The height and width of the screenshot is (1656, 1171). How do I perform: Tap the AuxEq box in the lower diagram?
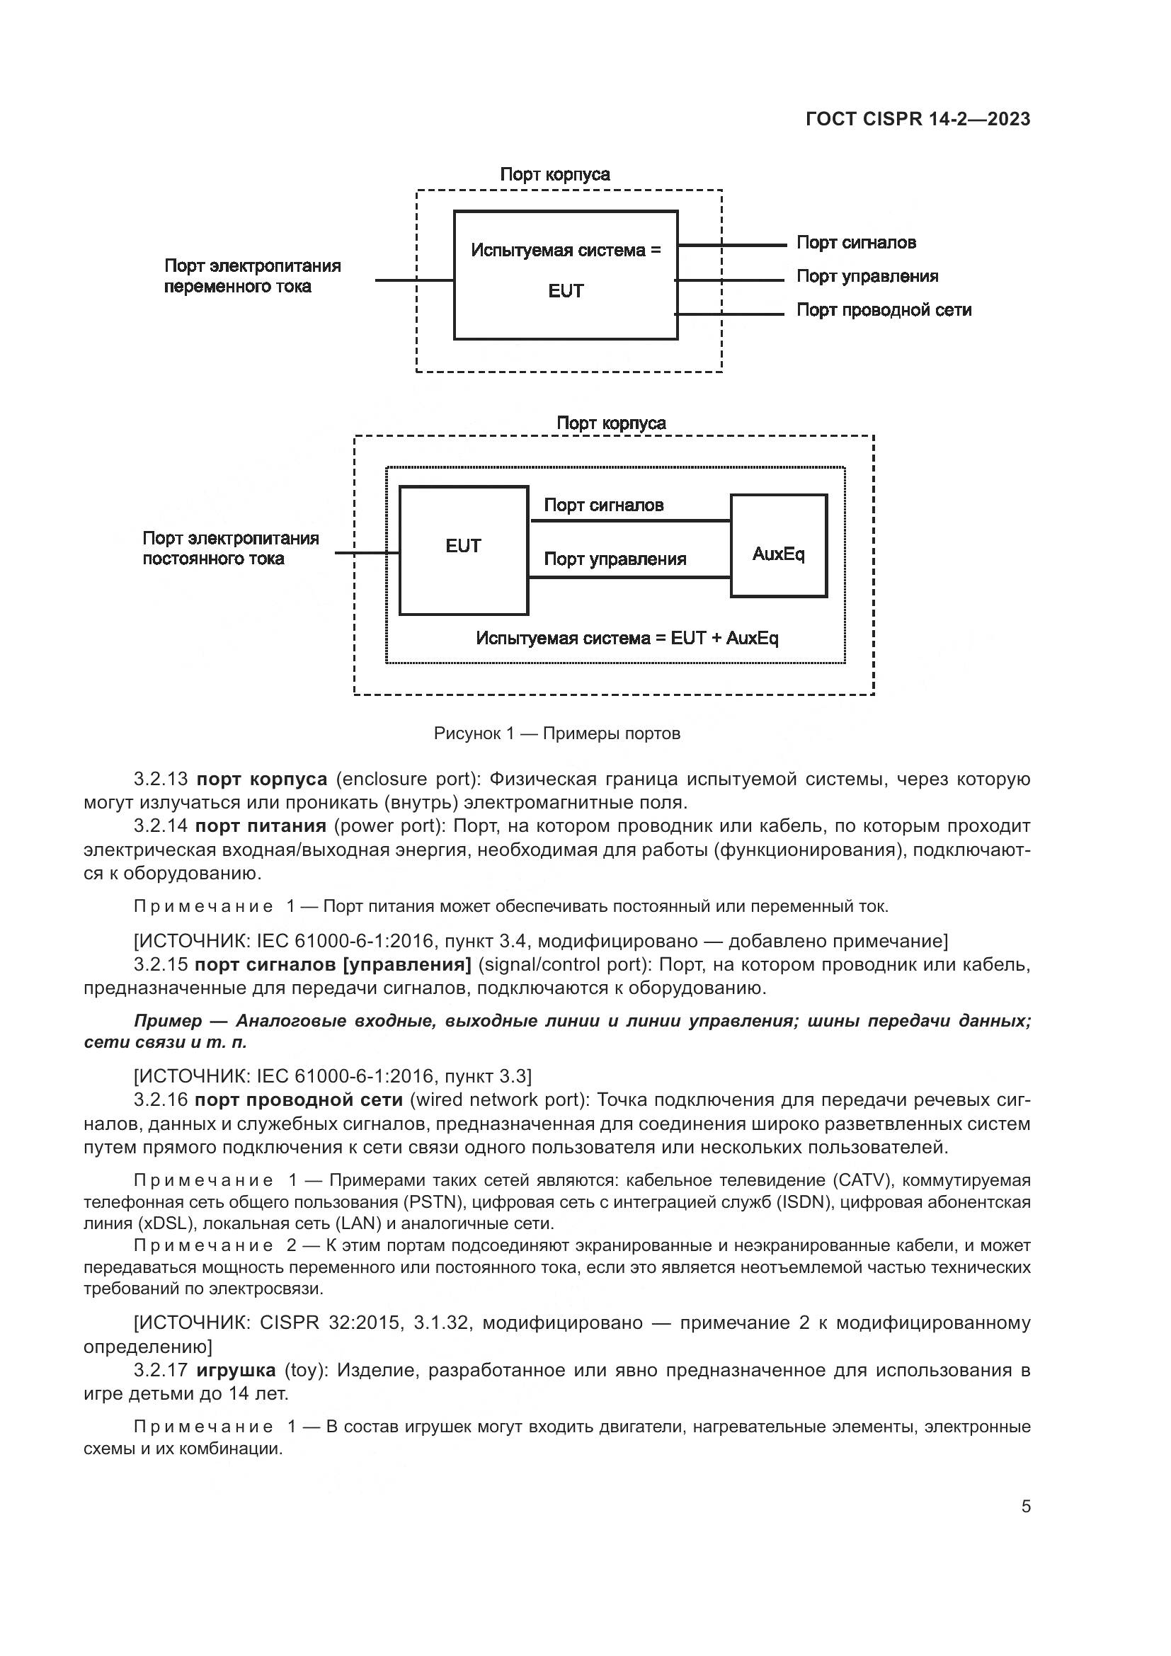click(778, 546)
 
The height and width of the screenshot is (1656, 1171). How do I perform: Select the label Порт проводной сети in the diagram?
click(884, 310)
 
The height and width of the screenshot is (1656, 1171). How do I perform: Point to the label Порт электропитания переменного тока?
click(251, 276)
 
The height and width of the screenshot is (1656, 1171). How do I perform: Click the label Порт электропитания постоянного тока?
click(230, 549)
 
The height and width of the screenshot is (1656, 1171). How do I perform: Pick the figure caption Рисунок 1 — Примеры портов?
click(556, 734)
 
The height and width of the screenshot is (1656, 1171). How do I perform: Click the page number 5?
click(1025, 1507)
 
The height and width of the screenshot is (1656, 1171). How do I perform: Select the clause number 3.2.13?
click(160, 780)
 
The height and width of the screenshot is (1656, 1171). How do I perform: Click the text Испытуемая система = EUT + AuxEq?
click(627, 639)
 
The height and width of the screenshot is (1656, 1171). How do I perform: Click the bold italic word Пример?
click(167, 1021)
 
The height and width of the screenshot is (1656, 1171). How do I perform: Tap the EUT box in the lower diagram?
click(463, 550)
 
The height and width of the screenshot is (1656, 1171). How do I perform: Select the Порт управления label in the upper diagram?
click(867, 276)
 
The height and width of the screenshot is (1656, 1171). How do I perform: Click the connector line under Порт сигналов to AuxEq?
click(629, 520)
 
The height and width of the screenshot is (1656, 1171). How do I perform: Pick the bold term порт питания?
click(261, 826)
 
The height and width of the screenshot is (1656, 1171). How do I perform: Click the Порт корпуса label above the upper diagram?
click(554, 175)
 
